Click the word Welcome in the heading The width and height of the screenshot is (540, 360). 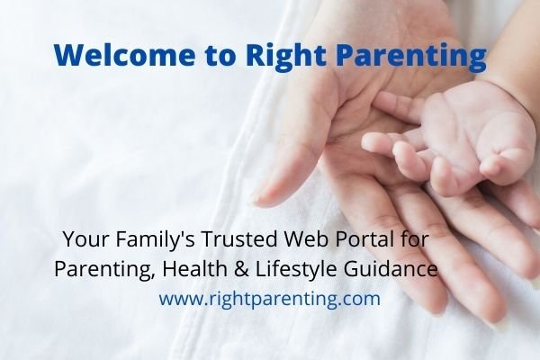point(121,55)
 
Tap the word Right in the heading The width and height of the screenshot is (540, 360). point(280,55)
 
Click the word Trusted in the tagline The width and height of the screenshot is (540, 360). point(237,241)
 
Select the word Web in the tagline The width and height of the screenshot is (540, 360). point(308,241)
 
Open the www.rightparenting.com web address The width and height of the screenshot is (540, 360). point(270,299)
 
